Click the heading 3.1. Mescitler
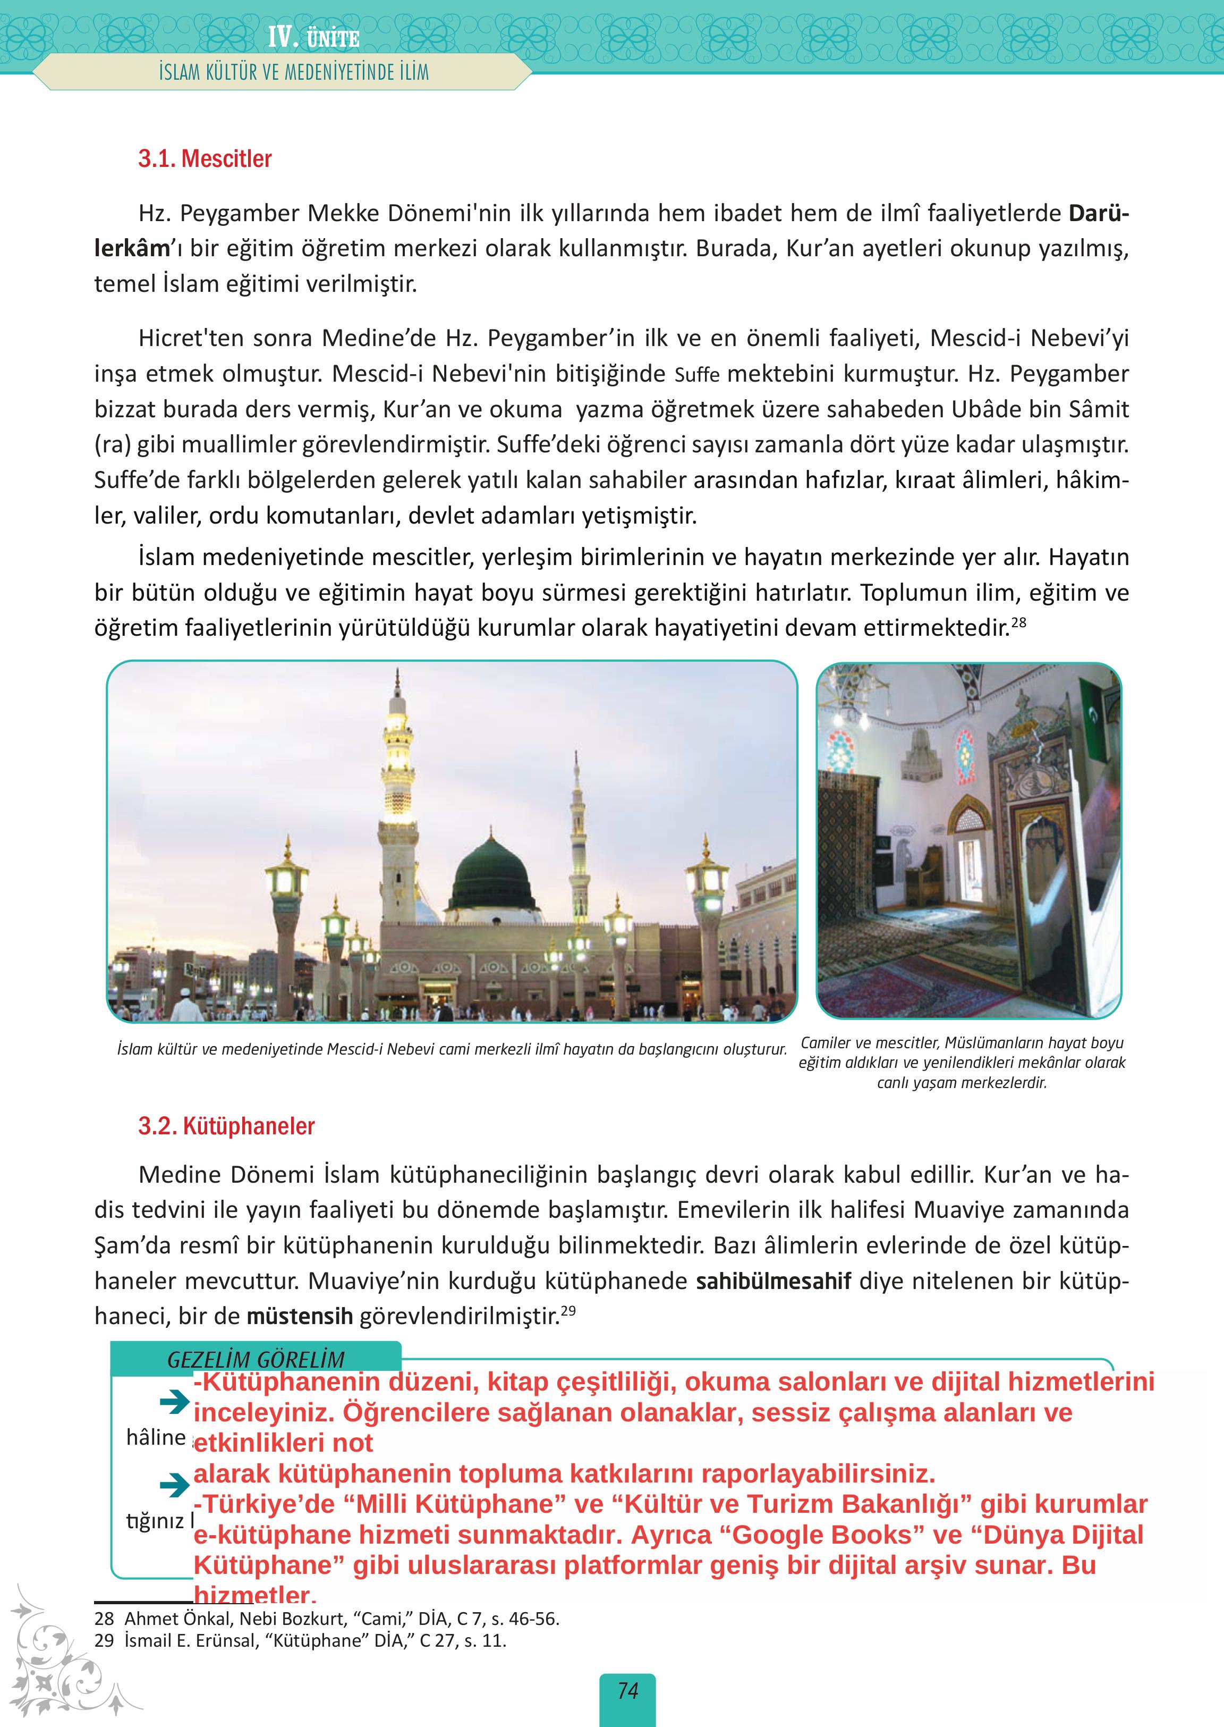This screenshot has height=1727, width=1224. [x=204, y=159]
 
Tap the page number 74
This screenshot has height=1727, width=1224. [x=627, y=1691]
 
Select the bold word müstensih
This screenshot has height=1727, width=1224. [x=300, y=1317]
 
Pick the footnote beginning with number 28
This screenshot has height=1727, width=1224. [x=326, y=1619]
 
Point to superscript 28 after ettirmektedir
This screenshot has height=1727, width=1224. [x=1019, y=622]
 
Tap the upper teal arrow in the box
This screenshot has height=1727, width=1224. [x=174, y=1401]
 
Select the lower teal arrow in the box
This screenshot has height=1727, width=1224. [x=174, y=1486]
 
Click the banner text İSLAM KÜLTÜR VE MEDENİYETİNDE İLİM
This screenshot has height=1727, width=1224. [x=294, y=72]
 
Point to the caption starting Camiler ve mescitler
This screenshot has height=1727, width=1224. [x=962, y=1063]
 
